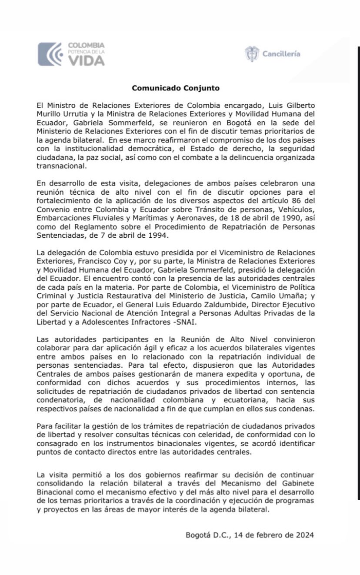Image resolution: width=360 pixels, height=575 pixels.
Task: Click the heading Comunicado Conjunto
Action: point(176,88)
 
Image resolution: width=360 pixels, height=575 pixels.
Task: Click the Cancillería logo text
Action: point(281,54)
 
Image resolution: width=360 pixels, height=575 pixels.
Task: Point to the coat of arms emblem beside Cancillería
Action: point(252,54)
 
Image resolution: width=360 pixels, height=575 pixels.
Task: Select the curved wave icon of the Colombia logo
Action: point(51,54)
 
